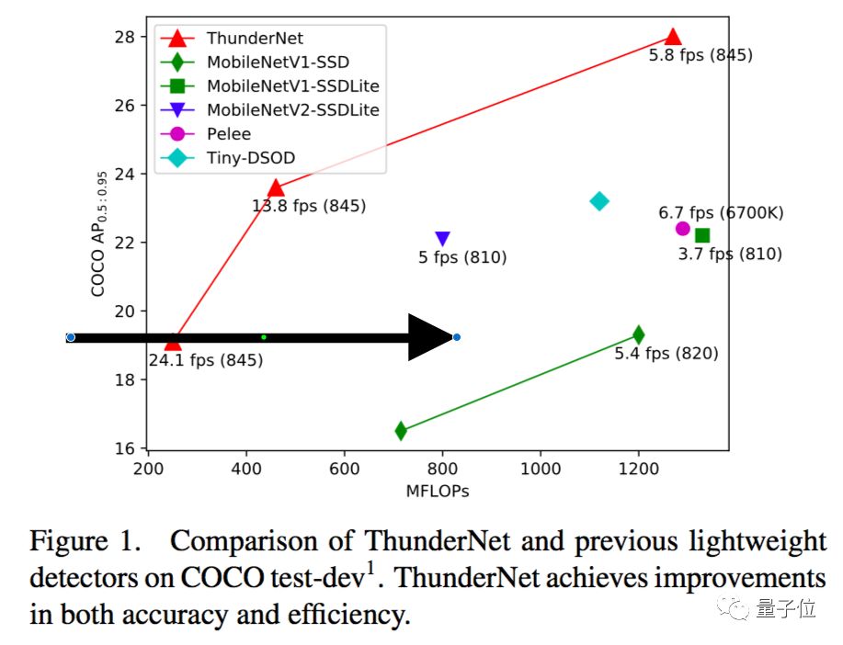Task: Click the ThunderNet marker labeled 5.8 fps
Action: pyautogui.click(x=673, y=38)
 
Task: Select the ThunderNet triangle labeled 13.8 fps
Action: pyautogui.click(x=275, y=188)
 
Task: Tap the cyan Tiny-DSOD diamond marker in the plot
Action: pyautogui.click(x=599, y=201)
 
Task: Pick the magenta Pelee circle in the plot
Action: pyautogui.click(x=682, y=229)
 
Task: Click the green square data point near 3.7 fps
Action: pyautogui.click(x=702, y=236)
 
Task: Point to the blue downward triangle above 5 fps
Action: pyautogui.click(x=442, y=240)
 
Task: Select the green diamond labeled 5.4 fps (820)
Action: pyautogui.click(x=638, y=334)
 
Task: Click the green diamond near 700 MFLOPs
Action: pyautogui.click(x=401, y=430)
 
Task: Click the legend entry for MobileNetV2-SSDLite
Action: pyautogui.click(x=292, y=109)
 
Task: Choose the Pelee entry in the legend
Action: pyautogui.click(x=229, y=134)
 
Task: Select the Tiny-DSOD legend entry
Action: pyautogui.click(x=251, y=158)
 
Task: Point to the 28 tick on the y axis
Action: pyautogui.click(x=123, y=37)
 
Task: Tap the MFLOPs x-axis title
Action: pyautogui.click(x=438, y=492)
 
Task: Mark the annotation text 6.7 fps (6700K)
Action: pyautogui.click(x=721, y=213)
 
